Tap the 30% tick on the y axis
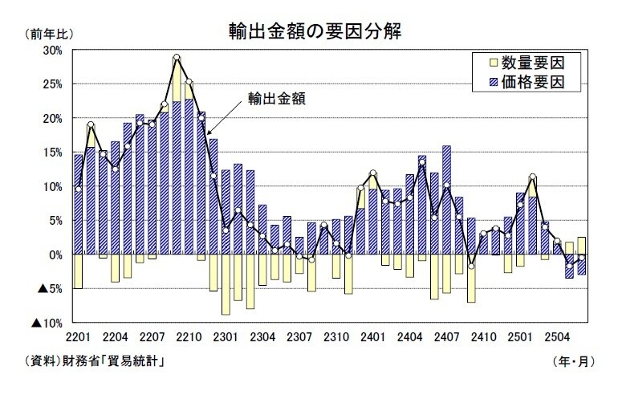point(52,50)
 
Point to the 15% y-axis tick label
point(52,153)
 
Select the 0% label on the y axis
point(55,255)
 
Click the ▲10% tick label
point(47,324)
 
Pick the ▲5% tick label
point(50,289)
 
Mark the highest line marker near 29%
point(177,58)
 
